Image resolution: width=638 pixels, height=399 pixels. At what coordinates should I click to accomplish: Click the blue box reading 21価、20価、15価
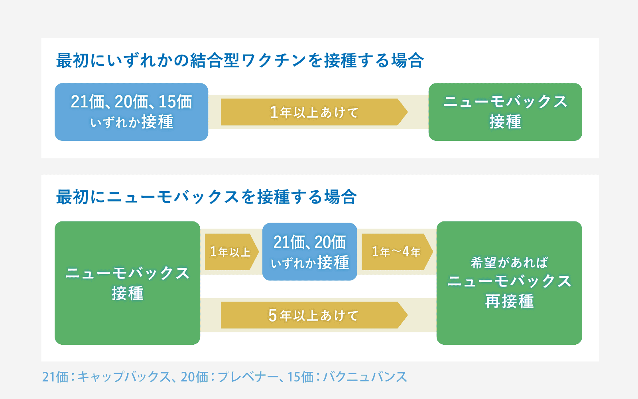[131, 112]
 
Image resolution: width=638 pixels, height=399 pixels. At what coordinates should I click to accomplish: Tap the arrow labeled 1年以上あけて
[314, 112]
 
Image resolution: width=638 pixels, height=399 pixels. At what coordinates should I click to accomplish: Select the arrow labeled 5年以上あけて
[314, 315]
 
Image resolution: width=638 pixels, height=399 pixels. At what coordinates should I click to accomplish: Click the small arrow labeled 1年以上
[231, 252]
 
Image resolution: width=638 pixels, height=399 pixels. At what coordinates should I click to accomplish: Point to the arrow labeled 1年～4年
[396, 252]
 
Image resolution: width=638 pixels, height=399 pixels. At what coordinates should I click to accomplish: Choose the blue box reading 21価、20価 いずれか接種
[309, 252]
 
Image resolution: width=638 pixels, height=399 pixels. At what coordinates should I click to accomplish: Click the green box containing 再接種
[509, 283]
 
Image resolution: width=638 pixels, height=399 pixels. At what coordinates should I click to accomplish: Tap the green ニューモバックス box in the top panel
[505, 112]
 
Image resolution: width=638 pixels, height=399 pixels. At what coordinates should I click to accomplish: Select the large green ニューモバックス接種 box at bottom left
[127, 283]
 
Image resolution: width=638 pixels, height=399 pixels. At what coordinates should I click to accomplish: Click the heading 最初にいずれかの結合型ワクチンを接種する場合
[240, 61]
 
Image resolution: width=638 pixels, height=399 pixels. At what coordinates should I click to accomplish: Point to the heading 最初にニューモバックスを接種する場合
[206, 197]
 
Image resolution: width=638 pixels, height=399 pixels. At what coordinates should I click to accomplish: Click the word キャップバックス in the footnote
[124, 377]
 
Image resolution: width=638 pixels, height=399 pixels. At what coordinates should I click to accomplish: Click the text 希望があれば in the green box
[509, 263]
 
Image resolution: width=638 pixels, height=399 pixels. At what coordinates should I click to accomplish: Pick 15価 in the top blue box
[175, 102]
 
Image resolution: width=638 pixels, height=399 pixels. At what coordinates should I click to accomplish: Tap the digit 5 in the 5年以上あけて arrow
[273, 316]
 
